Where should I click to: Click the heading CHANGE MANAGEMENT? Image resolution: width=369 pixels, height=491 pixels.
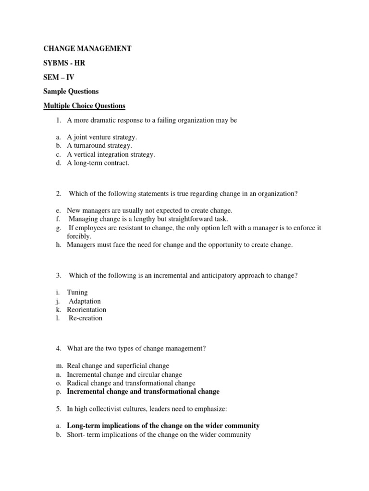pos(87,48)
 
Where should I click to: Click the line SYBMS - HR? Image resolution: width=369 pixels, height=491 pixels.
pos(64,63)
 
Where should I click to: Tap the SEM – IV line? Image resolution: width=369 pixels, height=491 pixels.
pos(59,77)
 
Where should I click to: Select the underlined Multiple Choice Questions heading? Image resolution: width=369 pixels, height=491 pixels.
pos(85,105)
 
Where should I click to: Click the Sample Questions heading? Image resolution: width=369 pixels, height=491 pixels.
pos(71,91)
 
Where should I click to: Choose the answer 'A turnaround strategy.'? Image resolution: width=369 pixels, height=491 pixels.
pos(99,145)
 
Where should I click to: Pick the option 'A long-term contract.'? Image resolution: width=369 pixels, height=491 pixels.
pos(98,163)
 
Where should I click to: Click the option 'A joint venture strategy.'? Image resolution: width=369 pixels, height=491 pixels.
pos(102,137)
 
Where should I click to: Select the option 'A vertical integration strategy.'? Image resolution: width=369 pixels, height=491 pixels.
pos(111,154)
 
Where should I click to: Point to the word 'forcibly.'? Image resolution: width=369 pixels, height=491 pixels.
pos(79,236)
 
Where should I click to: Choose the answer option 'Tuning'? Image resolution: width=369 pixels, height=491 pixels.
pos(77,292)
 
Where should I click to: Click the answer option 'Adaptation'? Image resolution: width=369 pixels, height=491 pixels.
pos(85,301)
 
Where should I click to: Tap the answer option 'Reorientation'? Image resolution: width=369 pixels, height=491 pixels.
pos(86,309)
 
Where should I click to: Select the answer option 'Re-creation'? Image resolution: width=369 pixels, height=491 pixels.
pos(86,318)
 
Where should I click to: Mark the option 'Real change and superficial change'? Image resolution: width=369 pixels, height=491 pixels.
pos(118,366)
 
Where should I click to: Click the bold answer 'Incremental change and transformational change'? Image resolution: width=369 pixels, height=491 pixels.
pos(143,392)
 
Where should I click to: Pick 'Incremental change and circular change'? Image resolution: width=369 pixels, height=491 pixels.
pos(124,374)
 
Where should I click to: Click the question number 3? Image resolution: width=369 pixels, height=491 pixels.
pos(58,275)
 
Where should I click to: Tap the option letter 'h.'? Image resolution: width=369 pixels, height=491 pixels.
pos(58,245)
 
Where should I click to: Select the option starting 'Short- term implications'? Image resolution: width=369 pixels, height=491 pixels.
pos(159,435)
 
